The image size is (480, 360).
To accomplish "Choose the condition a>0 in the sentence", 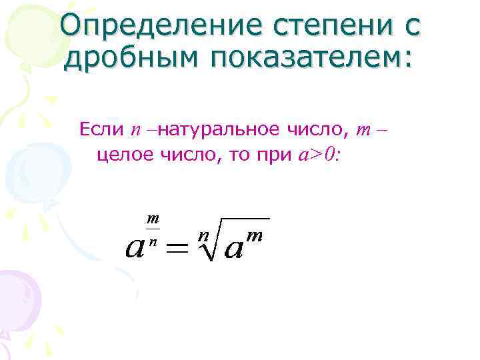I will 316,155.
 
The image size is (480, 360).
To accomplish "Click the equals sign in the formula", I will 177,249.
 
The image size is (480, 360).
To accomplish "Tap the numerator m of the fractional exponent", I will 153,219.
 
